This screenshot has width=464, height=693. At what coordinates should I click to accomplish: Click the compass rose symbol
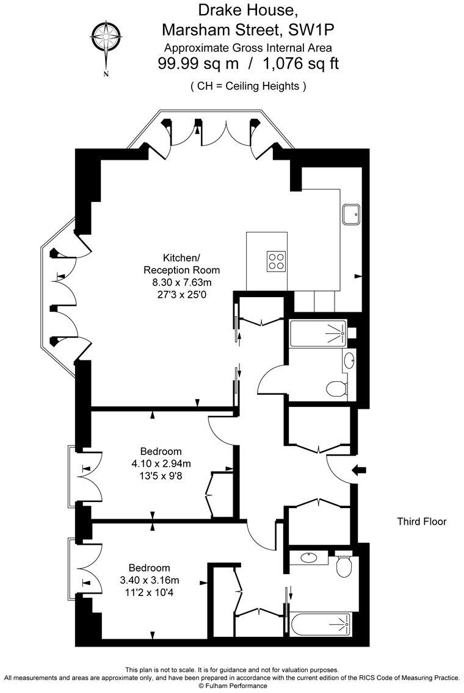coord(106,40)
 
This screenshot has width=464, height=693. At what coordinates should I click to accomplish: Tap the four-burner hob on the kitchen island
coord(276,260)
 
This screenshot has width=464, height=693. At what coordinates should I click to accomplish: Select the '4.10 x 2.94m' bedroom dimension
coord(161,463)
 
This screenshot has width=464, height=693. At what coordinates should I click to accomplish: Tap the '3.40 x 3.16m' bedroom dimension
coord(150,580)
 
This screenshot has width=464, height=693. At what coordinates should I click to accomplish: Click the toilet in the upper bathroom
coord(336,388)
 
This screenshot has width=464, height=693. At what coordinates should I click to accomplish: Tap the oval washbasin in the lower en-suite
coord(309,557)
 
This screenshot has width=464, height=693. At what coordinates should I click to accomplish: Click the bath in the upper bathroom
coord(318,332)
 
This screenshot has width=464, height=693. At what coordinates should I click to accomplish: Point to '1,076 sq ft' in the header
coord(301,63)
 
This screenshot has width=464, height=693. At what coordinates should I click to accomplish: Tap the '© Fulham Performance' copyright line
coord(232,686)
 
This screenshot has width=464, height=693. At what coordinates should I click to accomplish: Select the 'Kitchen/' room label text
coord(181,257)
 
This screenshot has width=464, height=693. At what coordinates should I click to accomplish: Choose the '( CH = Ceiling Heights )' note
coord(248,86)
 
